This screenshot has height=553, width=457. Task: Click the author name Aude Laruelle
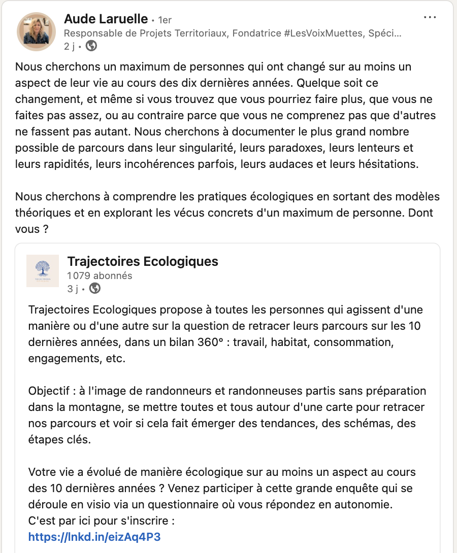tap(107, 20)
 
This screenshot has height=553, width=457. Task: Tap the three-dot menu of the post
tap(430, 18)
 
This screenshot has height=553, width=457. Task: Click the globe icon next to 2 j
tap(91, 46)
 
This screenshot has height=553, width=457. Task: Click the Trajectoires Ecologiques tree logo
tap(43, 271)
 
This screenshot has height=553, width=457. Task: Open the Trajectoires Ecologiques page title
tap(143, 261)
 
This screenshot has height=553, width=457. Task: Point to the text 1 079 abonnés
tap(100, 275)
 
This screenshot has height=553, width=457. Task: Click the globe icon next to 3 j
tap(94, 289)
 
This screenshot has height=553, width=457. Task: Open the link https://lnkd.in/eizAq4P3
tap(95, 537)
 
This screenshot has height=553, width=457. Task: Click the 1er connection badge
tap(165, 20)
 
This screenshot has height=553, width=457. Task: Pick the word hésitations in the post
tap(388, 164)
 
